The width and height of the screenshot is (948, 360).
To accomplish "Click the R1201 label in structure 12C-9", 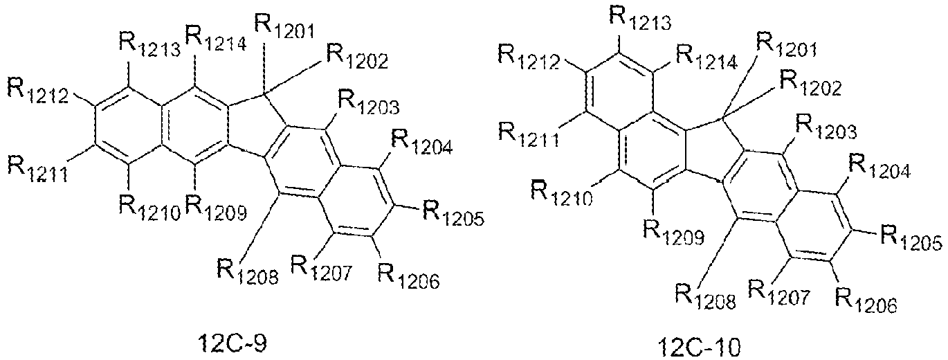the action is pyautogui.click(x=284, y=26).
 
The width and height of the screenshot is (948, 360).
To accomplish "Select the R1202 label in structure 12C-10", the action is pyautogui.click(x=810, y=84).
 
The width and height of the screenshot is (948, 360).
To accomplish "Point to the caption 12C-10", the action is pyautogui.click(x=700, y=348).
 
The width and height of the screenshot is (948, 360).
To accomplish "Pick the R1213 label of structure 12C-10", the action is pyautogui.click(x=640, y=19).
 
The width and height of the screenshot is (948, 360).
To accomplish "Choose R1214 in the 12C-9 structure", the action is pyautogui.click(x=216, y=38).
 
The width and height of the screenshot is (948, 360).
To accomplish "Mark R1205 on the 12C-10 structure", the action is pyautogui.click(x=911, y=238).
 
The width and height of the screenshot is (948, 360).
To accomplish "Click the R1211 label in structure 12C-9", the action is pyautogui.click(x=37, y=169).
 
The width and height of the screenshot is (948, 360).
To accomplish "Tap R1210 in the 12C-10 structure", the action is pyautogui.click(x=561, y=194).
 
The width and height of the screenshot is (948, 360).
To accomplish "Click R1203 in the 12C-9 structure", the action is pyautogui.click(x=369, y=103).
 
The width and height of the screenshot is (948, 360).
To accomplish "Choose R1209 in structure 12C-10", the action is pyautogui.click(x=673, y=233).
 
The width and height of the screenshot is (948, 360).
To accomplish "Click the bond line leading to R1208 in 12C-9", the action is pyautogui.click(x=260, y=226).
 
